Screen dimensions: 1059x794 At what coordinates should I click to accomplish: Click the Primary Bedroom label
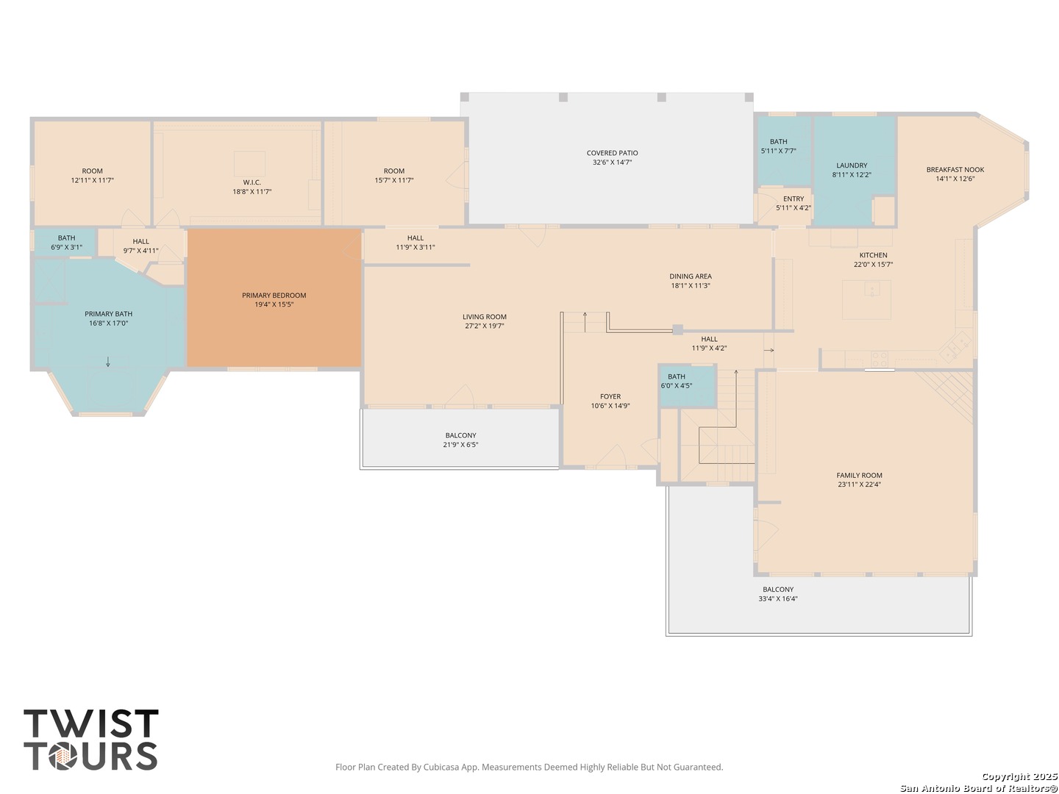coord(274,295)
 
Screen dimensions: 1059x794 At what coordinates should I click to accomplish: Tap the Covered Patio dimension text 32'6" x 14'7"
coord(613,162)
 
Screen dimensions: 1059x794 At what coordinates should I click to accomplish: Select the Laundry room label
coord(852,165)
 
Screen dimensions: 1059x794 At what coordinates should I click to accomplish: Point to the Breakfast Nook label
coord(955,170)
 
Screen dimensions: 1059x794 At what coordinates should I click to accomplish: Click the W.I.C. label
coord(252,182)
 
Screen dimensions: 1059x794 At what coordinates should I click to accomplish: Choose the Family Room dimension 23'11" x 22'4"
coord(859,484)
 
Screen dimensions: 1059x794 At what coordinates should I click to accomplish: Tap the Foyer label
coord(610,397)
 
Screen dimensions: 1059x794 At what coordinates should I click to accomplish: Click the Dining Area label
coord(691,276)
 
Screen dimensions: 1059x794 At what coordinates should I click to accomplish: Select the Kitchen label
coord(873,255)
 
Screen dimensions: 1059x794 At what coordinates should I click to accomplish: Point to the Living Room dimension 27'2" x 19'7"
coord(485,326)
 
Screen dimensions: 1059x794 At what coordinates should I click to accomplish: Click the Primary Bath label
coord(109,314)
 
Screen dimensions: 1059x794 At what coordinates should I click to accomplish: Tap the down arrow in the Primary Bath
coord(108,362)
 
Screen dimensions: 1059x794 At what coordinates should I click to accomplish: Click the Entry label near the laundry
coord(794,198)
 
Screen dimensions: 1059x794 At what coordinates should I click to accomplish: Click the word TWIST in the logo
coord(91,723)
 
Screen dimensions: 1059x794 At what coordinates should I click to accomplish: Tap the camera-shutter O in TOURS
coord(63,756)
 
